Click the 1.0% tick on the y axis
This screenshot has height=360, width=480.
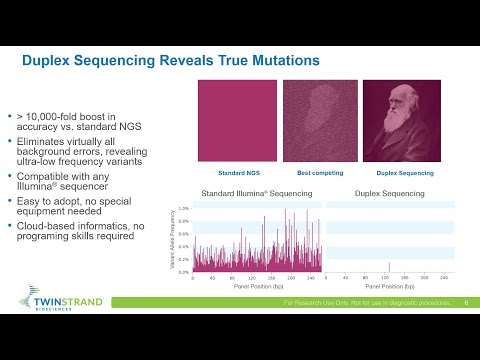point(183,209)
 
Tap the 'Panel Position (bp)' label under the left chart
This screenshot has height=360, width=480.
point(256,286)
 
